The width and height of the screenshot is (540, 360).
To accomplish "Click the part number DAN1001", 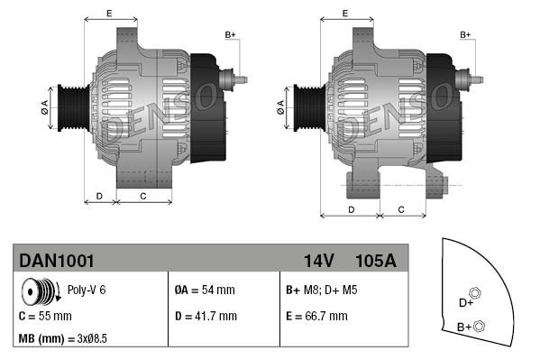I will point(56,261).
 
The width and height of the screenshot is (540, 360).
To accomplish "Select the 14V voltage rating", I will point(319,261).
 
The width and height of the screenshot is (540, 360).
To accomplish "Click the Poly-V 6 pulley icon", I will point(39,292).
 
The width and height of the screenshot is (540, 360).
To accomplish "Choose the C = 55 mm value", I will point(45,317).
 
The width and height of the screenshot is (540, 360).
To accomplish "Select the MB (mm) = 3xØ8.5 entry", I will point(64,339).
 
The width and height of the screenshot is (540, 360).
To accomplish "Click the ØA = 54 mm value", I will point(204,291).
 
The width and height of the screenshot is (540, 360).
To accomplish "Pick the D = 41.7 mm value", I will point(205,317).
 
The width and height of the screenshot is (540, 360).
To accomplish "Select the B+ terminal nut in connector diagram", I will point(480,326).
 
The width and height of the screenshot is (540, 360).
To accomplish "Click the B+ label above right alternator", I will point(466,34).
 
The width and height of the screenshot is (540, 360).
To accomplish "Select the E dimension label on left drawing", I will point(108,13).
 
